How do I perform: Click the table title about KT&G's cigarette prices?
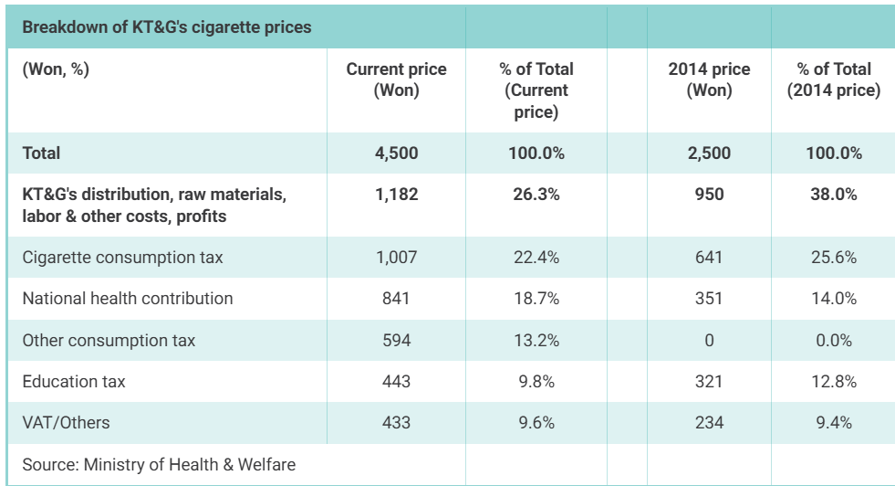(167, 26)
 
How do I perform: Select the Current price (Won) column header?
(396, 79)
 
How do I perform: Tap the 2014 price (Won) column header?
(709, 79)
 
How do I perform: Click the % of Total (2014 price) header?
(833, 79)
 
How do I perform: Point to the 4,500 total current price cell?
(396, 153)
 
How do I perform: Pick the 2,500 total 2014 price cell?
(709, 153)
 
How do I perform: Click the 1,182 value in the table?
(396, 195)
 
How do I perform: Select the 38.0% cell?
(833, 195)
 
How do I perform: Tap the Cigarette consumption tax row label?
(122, 258)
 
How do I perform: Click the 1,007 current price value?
(396, 258)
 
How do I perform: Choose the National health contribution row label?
(128, 299)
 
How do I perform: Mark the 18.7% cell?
(536, 299)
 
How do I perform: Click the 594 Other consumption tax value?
(396, 340)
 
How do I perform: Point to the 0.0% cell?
(833, 340)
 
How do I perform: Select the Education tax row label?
(74, 381)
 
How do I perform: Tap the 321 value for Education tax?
(709, 381)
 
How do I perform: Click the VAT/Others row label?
(66, 423)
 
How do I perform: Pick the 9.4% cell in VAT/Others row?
(833, 423)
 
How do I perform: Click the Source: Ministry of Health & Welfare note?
(159, 464)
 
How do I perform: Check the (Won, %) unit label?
(56, 69)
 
